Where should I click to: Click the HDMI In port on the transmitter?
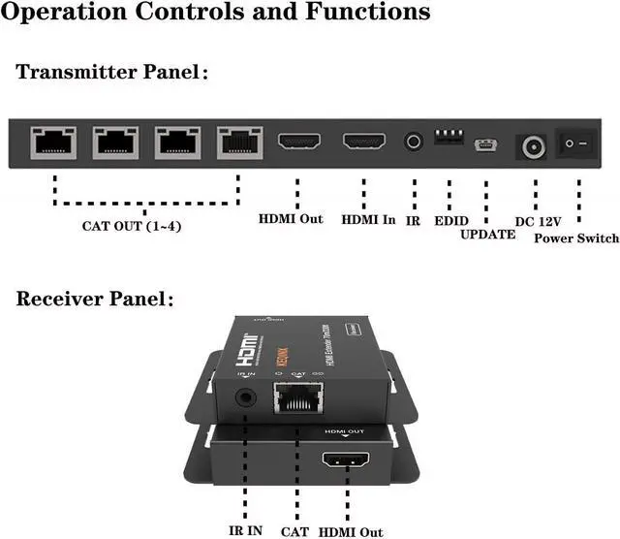point(364,142)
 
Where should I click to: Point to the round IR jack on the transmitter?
point(414,142)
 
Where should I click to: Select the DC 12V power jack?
point(532,146)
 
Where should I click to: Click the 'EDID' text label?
point(451,220)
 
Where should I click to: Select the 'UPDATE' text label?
point(488,235)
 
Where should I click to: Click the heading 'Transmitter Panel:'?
point(112,72)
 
